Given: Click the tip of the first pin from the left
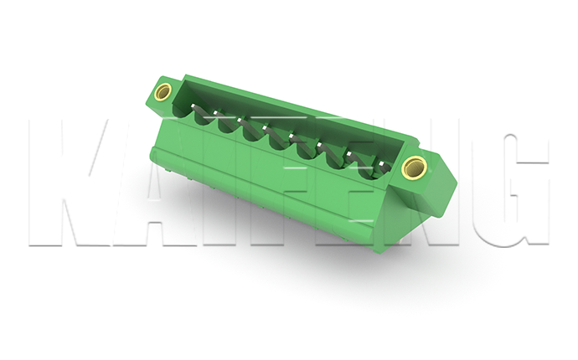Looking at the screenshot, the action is click(x=193, y=106).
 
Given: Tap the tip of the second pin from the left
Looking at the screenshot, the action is click(x=216, y=111).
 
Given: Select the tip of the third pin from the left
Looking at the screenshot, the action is click(x=240, y=120).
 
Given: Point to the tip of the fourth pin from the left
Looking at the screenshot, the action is click(x=265, y=128).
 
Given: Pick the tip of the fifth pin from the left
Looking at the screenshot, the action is click(x=292, y=136).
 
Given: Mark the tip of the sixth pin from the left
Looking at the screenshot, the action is click(x=319, y=145).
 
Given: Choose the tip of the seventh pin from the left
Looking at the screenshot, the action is click(x=348, y=154).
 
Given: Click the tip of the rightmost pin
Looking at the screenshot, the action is click(x=381, y=163).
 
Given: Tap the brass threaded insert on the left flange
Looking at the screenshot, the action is click(x=163, y=91).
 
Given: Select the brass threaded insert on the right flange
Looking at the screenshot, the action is click(x=414, y=167).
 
